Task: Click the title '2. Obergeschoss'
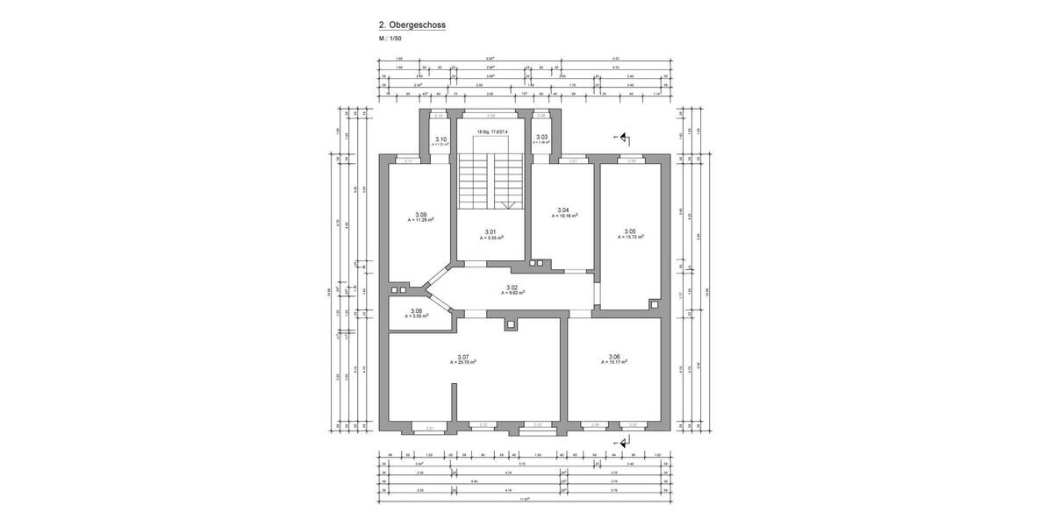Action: [x=411, y=26]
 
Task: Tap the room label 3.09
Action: [x=421, y=215]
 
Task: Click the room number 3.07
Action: [x=464, y=357]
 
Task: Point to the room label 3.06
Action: [x=613, y=357]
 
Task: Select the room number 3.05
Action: [x=629, y=231]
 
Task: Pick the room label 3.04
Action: [x=564, y=210]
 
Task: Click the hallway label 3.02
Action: [x=512, y=288]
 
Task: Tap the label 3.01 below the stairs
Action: [x=491, y=232]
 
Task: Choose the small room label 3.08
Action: [x=416, y=310]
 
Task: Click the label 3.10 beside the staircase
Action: [x=441, y=139]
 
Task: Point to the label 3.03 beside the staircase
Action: [x=542, y=137]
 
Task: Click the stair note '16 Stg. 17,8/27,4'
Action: [x=491, y=132]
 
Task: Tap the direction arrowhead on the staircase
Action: [x=507, y=204]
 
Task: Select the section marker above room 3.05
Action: [x=624, y=138]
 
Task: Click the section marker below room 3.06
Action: [x=624, y=444]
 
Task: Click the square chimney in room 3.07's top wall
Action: [x=512, y=324]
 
